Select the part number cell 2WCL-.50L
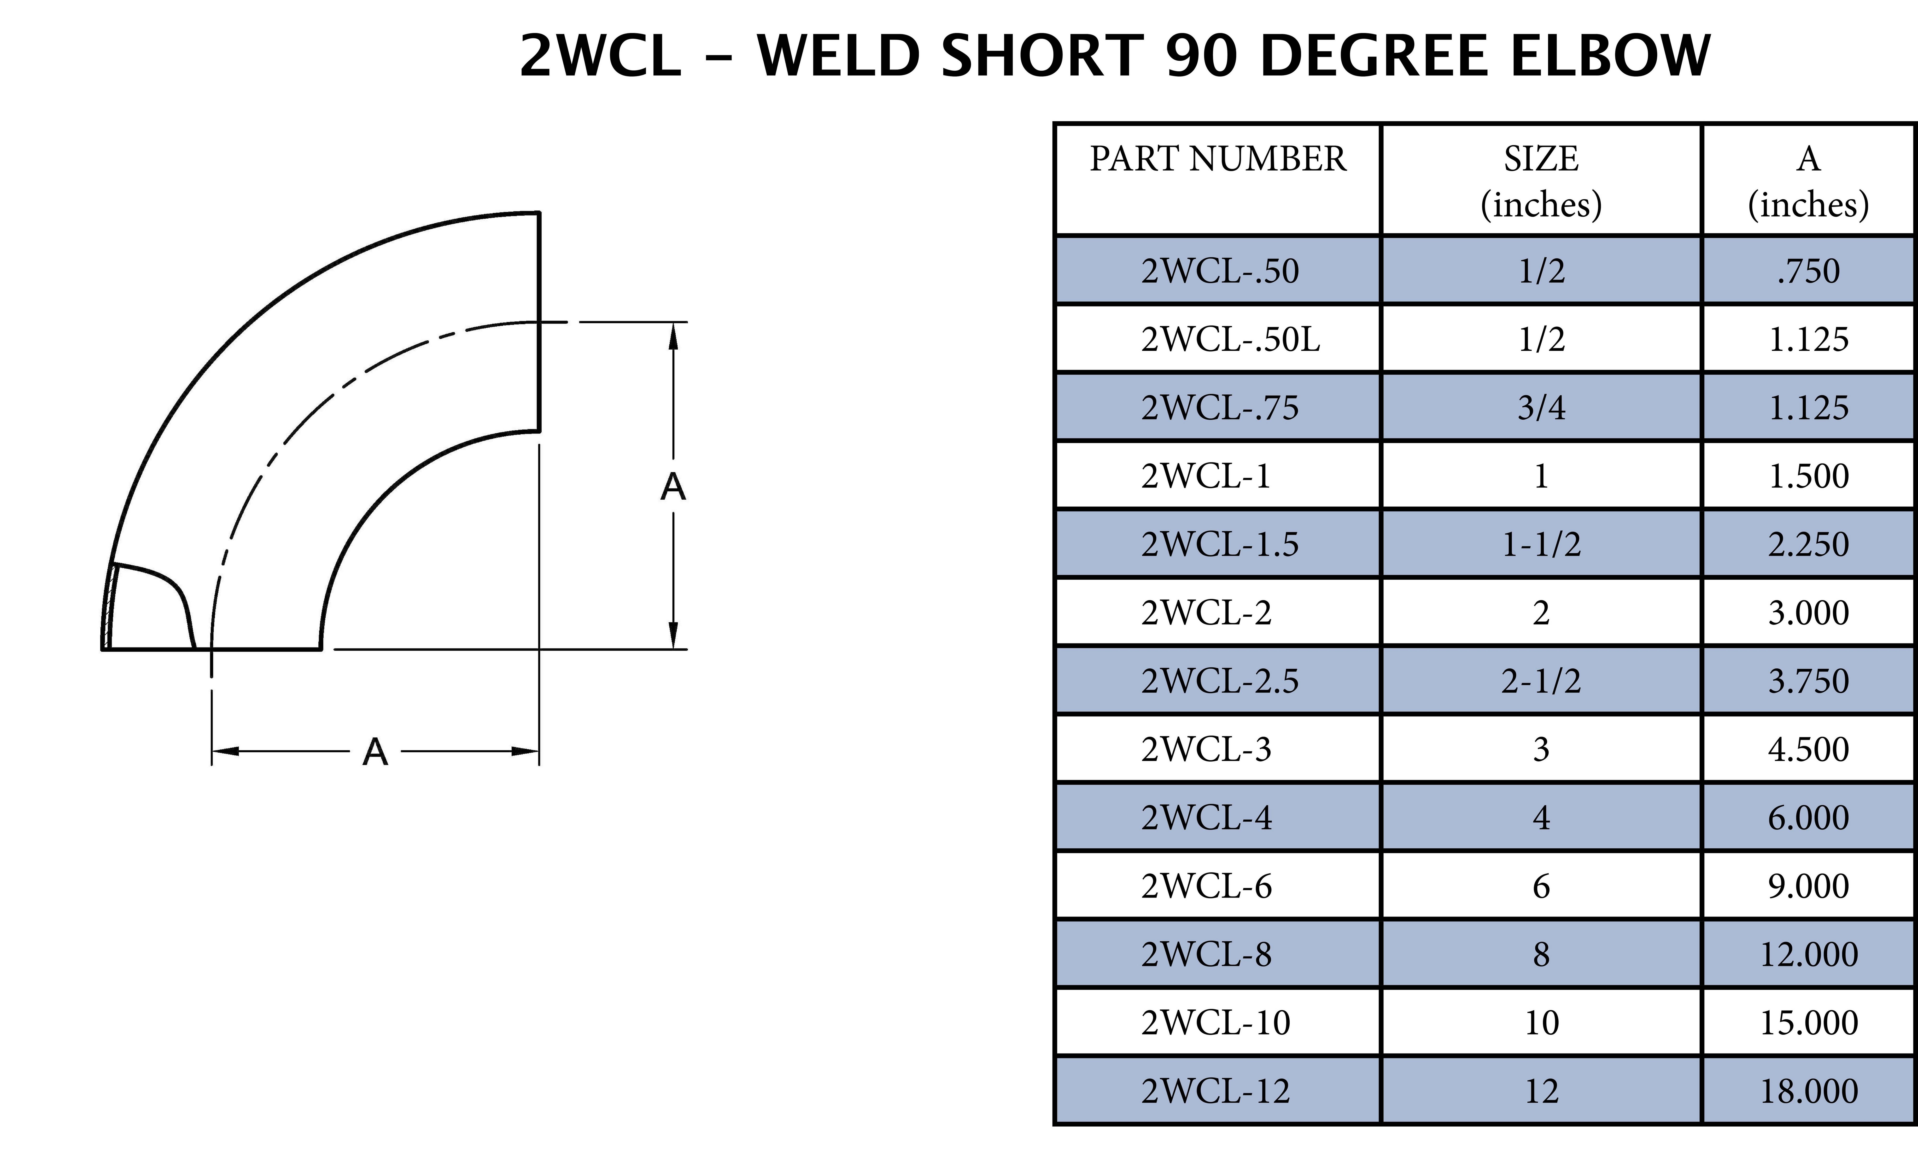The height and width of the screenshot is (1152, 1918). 1230,339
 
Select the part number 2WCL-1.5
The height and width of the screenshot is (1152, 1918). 1219,544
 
